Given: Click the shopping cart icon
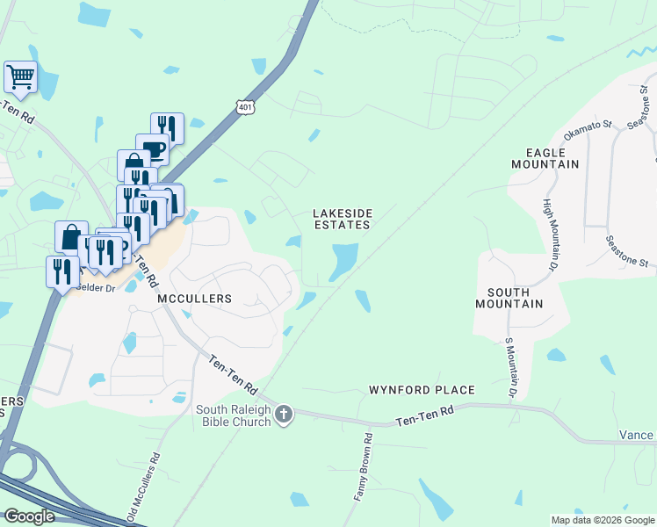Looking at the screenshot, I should click(x=19, y=76).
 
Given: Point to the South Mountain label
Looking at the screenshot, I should click(x=509, y=298).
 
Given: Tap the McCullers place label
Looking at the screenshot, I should click(x=194, y=299).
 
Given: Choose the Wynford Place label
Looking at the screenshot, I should click(x=422, y=390).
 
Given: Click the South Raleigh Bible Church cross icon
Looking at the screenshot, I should click(x=283, y=415).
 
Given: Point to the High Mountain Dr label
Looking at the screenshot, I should click(x=549, y=234).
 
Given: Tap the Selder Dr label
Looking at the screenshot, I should click(x=97, y=288).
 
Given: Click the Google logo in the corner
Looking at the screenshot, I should click(x=29, y=516).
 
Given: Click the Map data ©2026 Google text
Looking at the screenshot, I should click(x=602, y=520).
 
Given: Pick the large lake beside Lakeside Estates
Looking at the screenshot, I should click(x=343, y=261).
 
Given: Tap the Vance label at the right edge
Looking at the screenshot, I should click(x=635, y=435).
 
